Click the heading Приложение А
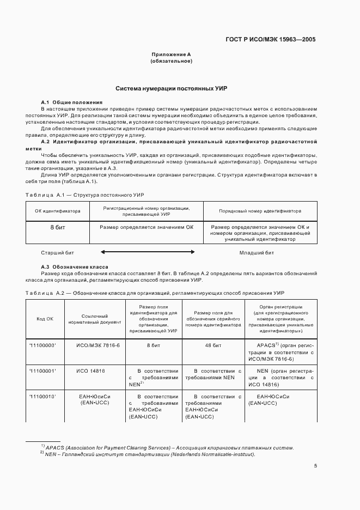pos(171,54)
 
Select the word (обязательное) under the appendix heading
pos(171,61)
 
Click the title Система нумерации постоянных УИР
pos(171,88)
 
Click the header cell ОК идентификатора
pos(58,210)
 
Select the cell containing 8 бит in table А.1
pos(58,227)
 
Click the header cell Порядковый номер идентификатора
pos(260,210)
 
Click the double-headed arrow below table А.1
pos(148,252)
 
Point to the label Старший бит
pos(58,253)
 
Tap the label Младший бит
pos(257,253)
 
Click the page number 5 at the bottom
pos(316,466)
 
